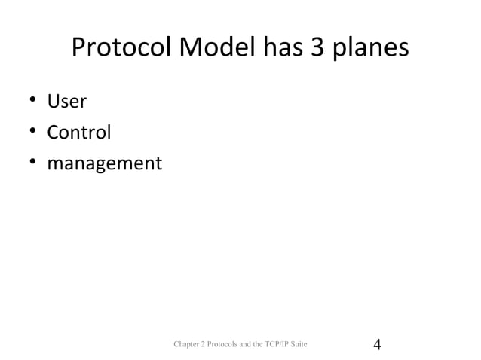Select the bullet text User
click(x=66, y=102)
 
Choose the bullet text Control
click(x=79, y=133)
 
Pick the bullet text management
click(x=104, y=164)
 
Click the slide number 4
click(x=378, y=345)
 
